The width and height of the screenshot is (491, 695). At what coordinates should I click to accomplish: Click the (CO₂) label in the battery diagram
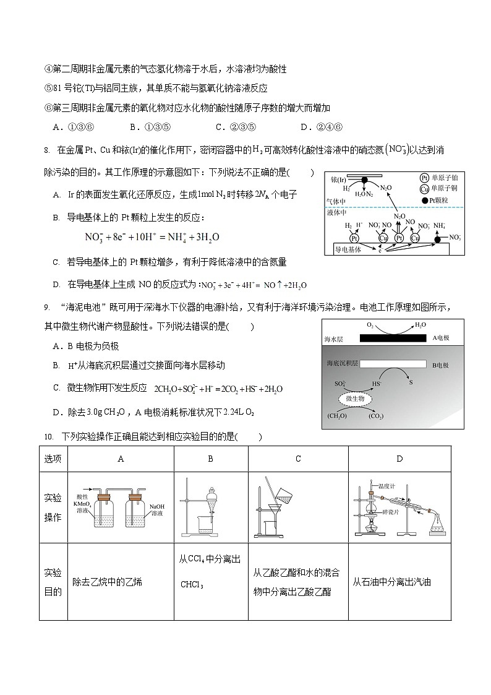click(375, 417)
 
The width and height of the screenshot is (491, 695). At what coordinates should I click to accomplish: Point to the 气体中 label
click(336, 202)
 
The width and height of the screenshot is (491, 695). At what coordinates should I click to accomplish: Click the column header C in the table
click(298, 459)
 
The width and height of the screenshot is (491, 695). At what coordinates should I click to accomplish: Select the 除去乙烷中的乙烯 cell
click(107, 582)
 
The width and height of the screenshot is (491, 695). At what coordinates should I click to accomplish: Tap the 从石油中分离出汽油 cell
click(391, 582)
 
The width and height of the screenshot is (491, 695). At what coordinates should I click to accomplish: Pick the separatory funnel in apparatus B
click(210, 499)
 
